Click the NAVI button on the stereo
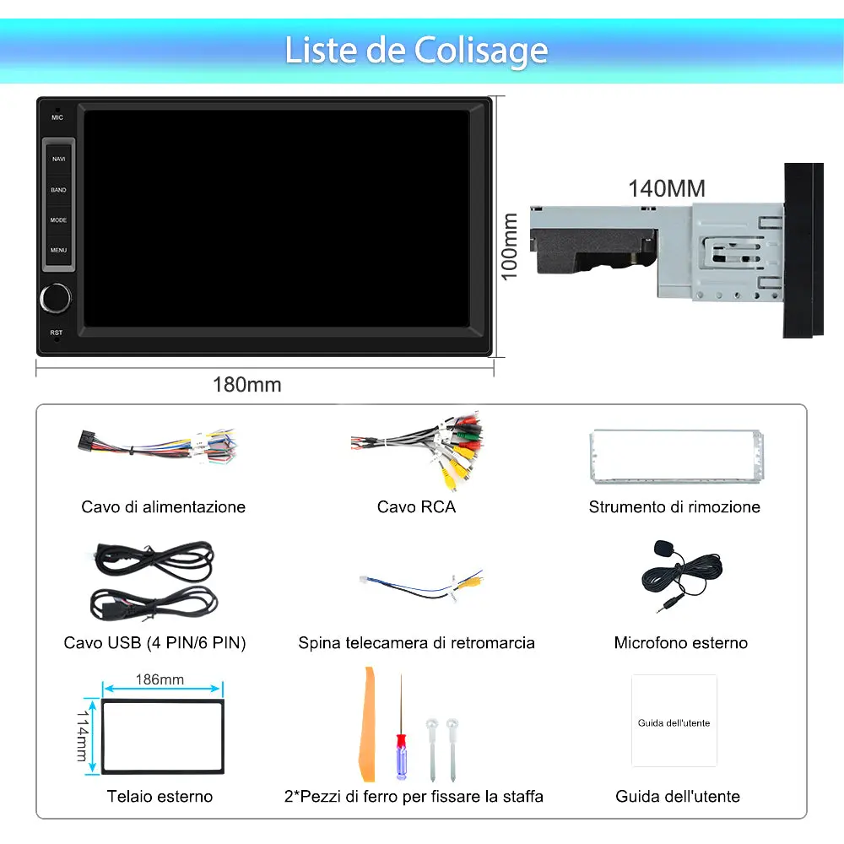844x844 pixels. [58, 159]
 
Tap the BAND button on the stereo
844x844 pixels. [58, 190]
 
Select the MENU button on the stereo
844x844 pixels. [58, 250]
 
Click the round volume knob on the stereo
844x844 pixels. [55, 297]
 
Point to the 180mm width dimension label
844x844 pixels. [246, 385]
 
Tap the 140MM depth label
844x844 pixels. [666, 187]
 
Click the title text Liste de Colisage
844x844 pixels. [416, 50]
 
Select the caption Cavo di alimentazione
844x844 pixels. [164, 507]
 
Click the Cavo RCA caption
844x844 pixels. [416, 507]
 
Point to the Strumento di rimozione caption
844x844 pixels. [674, 507]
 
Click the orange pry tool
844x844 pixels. [367, 726]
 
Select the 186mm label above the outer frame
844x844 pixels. [160, 679]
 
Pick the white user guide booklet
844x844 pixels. [674, 721]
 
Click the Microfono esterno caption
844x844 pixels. [680, 643]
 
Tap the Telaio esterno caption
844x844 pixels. [160, 797]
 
